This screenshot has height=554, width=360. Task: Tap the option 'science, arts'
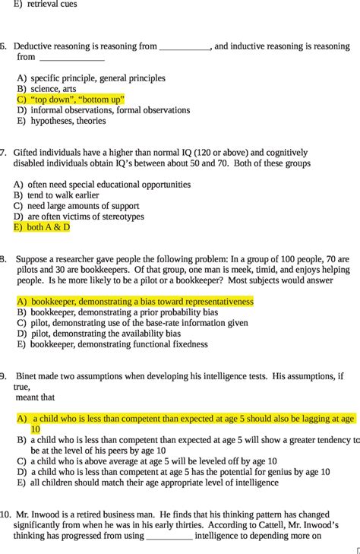click(x=53, y=89)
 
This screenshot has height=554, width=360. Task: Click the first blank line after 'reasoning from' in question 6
click(x=185, y=46)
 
